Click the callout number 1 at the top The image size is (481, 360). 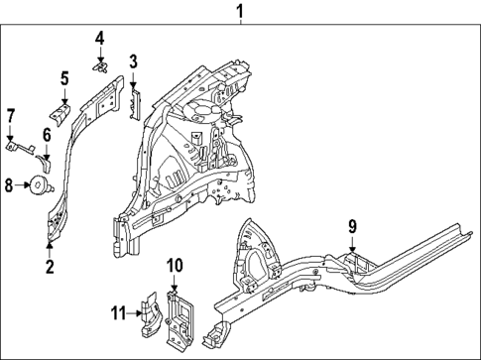238,12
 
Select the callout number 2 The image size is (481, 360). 51,266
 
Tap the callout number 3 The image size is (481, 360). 133,62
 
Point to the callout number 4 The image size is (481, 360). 100,39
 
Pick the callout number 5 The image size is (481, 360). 64,77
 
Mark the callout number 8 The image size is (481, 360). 9,183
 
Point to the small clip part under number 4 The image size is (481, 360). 101,66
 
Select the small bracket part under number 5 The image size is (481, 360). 61,116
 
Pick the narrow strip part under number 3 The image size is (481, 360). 138,100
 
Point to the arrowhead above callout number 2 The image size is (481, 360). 51,241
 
